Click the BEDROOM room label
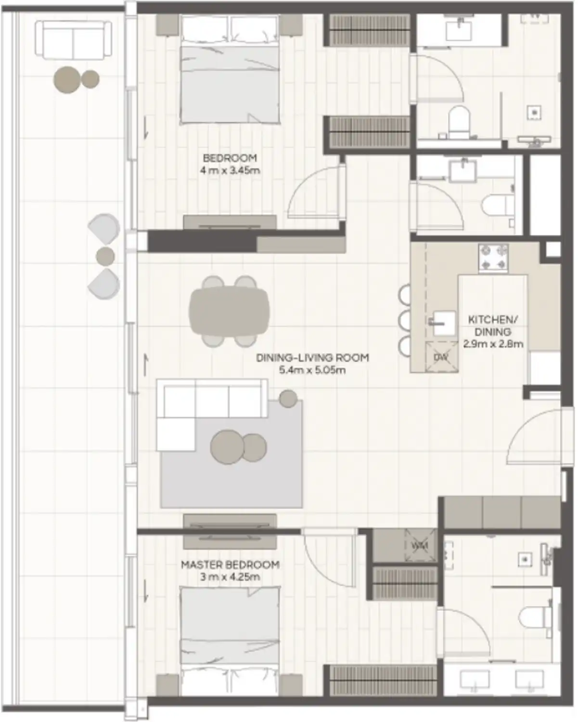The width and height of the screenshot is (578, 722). click(x=230, y=158)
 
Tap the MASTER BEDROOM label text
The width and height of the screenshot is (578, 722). click(x=230, y=565)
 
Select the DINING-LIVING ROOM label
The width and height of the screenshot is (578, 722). click(x=312, y=358)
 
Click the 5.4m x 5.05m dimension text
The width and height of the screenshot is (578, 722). click(x=312, y=370)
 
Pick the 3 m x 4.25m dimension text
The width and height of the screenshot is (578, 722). click(x=230, y=577)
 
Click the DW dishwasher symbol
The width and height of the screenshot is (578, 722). click(x=441, y=358)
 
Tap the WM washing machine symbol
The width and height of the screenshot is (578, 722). click(x=420, y=546)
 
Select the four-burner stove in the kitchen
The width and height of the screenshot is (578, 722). click(x=493, y=258)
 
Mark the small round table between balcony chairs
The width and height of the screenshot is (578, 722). click(x=105, y=257)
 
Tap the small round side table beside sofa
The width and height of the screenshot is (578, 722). click(x=288, y=399)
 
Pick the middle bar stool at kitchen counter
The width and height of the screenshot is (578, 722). click(x=405, y=319)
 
